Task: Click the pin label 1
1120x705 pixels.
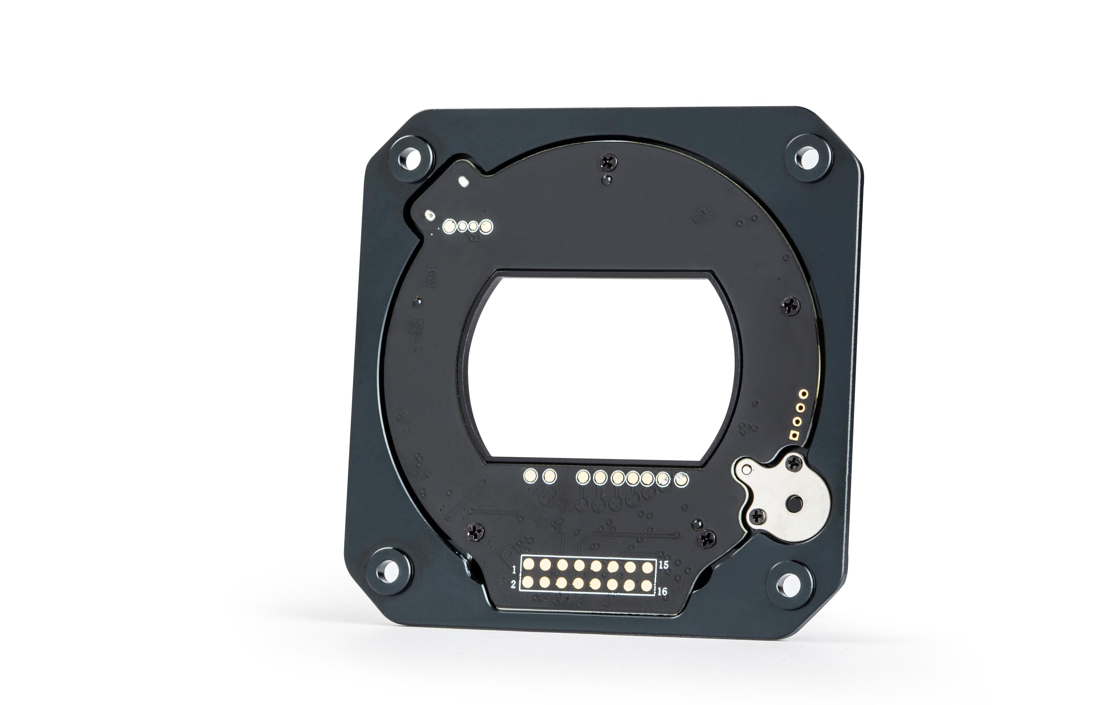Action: pyautogui.click(x=514, y=569)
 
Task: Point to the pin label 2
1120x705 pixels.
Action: pyautogui.click(x=513, y=584)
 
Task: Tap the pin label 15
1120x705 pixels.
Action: pyautogui.click(x=664, y=565)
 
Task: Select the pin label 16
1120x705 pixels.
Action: pyautogui.click(x=663, y=591)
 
